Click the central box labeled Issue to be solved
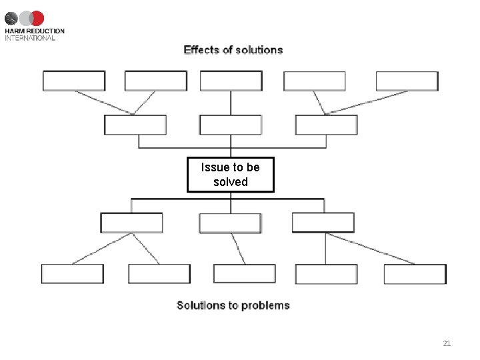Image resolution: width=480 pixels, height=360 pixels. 230,175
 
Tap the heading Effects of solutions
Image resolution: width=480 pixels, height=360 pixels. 233,50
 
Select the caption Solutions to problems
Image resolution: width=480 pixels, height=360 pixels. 233,305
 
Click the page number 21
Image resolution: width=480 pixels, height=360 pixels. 447,343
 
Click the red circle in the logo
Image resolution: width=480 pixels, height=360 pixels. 37,18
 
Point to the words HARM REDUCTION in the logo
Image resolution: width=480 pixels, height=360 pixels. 35,31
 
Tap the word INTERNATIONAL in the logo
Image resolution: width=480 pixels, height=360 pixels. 30,38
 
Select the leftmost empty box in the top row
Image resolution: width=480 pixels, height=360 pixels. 74,81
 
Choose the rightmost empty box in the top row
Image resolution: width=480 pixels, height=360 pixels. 407,81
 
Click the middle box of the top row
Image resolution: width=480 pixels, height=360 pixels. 231,81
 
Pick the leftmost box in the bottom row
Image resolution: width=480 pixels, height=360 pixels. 73,274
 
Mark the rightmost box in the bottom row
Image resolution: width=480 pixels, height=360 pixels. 415,274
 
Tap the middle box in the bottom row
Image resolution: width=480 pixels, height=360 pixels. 244,274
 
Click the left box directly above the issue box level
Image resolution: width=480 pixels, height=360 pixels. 135,125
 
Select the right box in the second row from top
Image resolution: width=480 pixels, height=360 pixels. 326,125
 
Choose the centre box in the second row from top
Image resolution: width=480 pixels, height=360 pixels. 231,125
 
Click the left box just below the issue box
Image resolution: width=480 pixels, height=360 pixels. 131,223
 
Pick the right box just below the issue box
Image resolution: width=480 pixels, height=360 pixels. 323,223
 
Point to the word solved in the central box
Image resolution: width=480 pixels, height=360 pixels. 231,182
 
